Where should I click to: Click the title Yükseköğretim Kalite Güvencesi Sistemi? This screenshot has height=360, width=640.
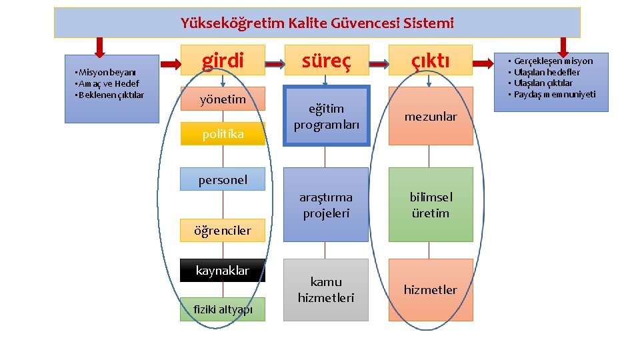(317, 23)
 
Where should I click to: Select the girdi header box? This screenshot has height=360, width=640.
(223, 60)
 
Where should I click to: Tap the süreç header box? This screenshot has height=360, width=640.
(325, 60)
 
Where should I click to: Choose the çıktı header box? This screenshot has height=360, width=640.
(430, 60)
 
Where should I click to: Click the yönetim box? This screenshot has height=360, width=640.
(223, 99)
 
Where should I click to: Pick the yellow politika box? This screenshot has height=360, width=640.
(223, 134)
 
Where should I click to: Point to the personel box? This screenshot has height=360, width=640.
(223, 179)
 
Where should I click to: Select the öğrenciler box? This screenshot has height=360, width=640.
(223, 231)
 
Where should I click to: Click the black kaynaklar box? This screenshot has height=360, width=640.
(223, 271)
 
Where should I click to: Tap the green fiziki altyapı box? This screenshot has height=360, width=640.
(223, 309)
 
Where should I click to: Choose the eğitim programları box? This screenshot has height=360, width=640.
(326, 117)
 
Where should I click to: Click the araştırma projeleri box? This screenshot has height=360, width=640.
(326, 205)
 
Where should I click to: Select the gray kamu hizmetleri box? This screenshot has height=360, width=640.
(326, 289)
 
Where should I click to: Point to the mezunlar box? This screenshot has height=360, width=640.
(431, 117)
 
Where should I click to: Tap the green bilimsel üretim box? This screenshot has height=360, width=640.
(431, 205)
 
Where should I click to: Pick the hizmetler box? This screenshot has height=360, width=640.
(431, 289)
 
